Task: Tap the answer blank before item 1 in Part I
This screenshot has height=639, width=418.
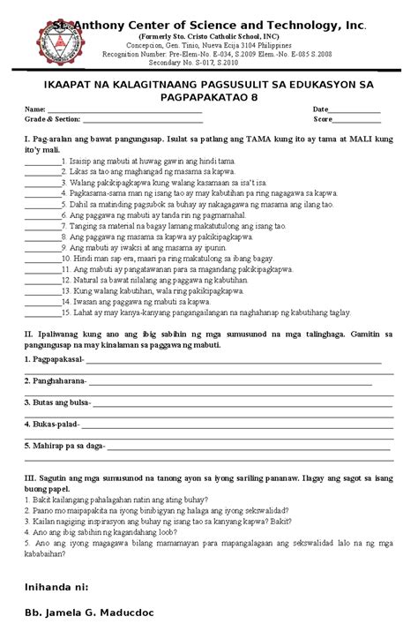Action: (41, 162)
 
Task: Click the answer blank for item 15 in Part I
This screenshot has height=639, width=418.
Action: (41, 312)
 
